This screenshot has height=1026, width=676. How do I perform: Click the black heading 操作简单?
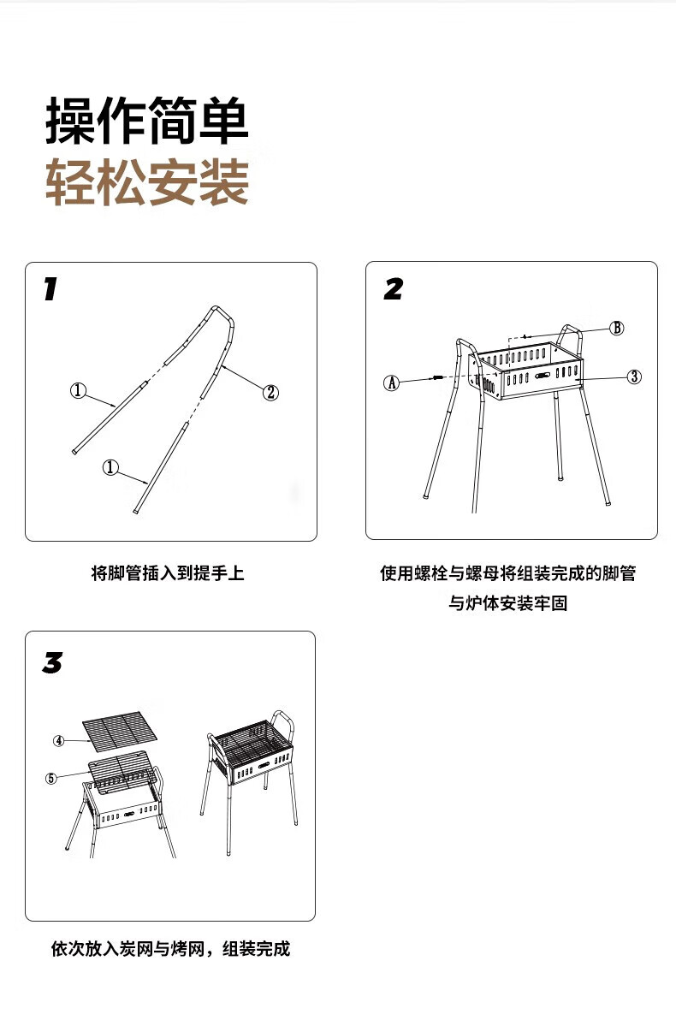(146, 122)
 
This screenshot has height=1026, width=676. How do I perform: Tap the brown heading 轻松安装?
(146, 181)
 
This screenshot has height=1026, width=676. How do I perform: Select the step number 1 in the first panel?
(50, 289)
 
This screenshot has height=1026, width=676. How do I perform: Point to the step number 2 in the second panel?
(393, 289)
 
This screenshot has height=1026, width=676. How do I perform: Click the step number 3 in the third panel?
(52, 662)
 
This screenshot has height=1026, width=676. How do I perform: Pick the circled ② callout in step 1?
(270, 392)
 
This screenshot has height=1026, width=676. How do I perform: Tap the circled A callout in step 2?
(391, 383)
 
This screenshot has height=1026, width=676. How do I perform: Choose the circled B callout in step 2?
(616, 328)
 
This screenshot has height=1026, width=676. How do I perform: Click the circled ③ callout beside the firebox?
(633, 377)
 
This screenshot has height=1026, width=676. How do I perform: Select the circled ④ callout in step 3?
(59, 740)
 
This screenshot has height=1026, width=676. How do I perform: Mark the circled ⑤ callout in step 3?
(51, 778)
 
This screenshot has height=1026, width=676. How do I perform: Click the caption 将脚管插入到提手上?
(168, 573)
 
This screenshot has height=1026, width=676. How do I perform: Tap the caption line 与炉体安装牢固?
(508, 604)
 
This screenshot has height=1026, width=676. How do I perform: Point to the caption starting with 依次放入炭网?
(170, 949)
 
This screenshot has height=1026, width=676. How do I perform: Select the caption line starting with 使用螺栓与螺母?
(508, 573)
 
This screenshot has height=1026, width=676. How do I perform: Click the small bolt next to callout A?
(436, 377)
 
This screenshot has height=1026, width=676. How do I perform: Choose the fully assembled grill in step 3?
(252, 770)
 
